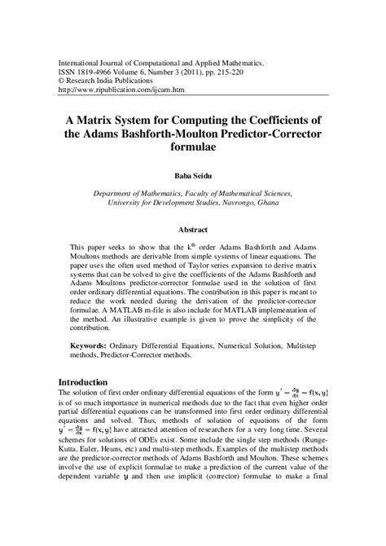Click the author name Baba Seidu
coord(192,174)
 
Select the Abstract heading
coord(192,230)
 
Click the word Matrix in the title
coord(107,116)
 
